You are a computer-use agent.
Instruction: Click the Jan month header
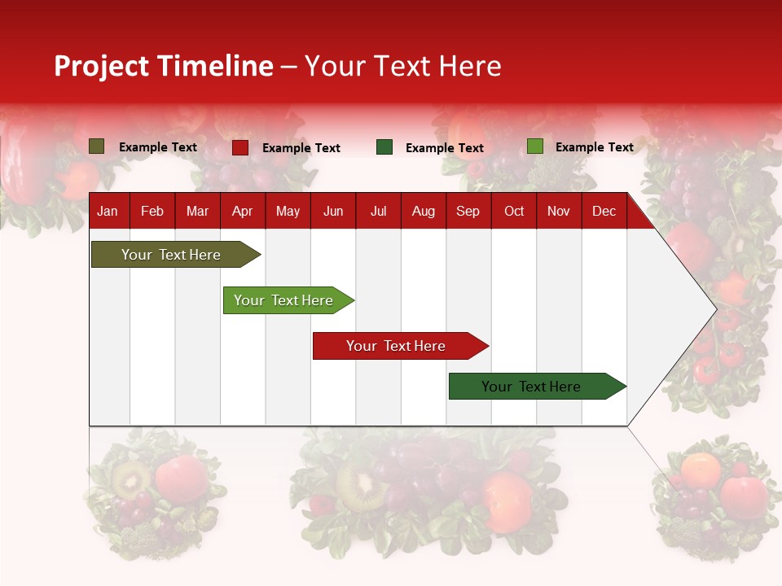coord(108,212)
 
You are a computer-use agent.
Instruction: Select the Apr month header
coord(242,212)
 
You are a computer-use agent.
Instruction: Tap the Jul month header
coord(378,212)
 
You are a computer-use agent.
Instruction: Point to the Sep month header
coord(468,212)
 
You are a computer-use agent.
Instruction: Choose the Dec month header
coord(604,212)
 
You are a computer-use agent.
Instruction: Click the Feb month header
coord(152,212)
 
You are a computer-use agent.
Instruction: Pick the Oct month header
coord(514,212)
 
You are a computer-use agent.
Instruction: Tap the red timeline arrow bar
coord(397,346)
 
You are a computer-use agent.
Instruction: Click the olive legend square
coord(97,146)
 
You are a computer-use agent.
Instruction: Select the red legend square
coord(240,147)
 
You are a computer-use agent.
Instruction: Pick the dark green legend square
coord(384,147)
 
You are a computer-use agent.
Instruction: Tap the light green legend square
coord(535,146)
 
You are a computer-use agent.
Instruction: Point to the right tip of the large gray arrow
coord(714,309)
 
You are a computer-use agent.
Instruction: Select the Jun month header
coord(333,212)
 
